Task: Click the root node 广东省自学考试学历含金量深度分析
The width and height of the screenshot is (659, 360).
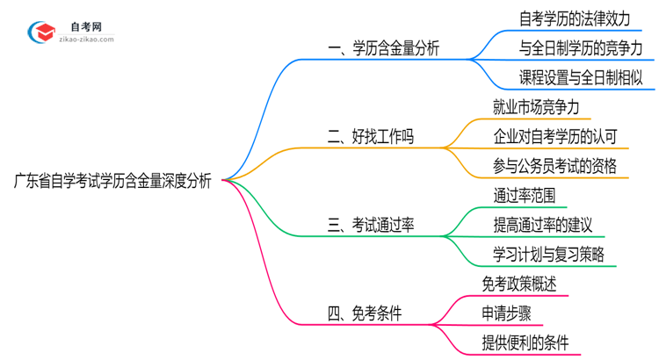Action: tap(112, 182)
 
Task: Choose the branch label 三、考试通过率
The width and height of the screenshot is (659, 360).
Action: tap(371, 225)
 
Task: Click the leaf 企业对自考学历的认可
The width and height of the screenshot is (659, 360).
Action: tap(555, 136)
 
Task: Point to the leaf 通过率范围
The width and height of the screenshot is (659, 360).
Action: tap(524, 195)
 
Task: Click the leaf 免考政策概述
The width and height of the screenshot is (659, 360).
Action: tap(518, 284)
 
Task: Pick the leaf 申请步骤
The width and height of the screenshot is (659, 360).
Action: tap(505, 313)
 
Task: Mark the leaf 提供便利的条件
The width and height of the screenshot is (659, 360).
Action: tap(525, 342)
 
